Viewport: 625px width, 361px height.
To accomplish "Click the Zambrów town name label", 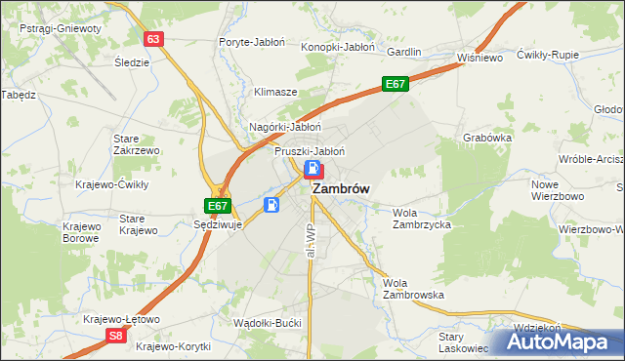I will [340, 191].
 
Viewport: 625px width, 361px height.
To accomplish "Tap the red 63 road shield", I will [152, 39].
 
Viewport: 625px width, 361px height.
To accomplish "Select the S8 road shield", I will [115, 336].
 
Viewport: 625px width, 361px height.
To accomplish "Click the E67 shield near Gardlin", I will [395, 84].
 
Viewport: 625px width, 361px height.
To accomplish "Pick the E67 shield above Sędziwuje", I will [219, 206].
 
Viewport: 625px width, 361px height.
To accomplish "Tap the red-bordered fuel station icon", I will [312, 172].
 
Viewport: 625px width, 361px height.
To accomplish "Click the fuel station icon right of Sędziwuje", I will [271, 205].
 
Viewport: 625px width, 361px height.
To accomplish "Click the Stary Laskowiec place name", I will [462, 341].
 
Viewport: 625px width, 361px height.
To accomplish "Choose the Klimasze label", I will [275, 92].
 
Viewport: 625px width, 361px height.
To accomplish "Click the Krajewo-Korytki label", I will [174, 345].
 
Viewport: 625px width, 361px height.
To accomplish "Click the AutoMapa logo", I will [560, 341].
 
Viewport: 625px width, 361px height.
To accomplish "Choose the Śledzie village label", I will [132, 61].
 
